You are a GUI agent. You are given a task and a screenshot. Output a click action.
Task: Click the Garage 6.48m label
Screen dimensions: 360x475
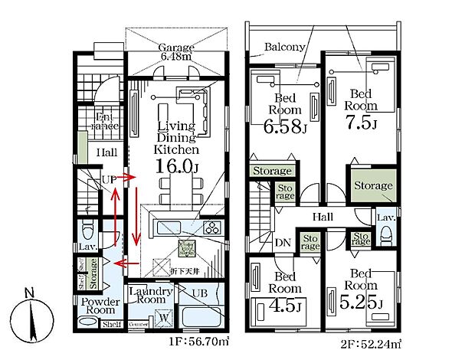pos(176,52)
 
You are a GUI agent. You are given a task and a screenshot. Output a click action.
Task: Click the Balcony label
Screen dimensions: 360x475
pos(285,47)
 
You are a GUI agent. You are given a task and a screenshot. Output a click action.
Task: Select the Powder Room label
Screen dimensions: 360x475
pos(100,306)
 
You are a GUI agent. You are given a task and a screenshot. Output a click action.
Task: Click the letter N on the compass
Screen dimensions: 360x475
pos(28,293)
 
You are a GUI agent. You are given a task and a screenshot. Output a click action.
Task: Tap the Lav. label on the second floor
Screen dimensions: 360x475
pos(385,218)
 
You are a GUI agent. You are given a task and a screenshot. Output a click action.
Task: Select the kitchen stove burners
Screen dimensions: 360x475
pos(211,227)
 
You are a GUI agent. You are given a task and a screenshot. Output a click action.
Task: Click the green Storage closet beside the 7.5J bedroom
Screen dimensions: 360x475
pos(373,185)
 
